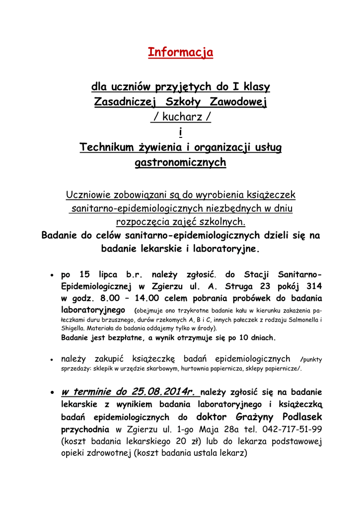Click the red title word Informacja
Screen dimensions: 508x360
coord(180,52)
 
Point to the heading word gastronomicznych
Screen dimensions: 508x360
coord(180,162)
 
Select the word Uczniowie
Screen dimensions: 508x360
coord(89,195)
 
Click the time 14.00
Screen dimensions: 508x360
coord(146,299)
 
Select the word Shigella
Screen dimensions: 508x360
coord(73,328)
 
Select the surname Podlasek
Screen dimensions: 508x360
coord(302,416)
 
